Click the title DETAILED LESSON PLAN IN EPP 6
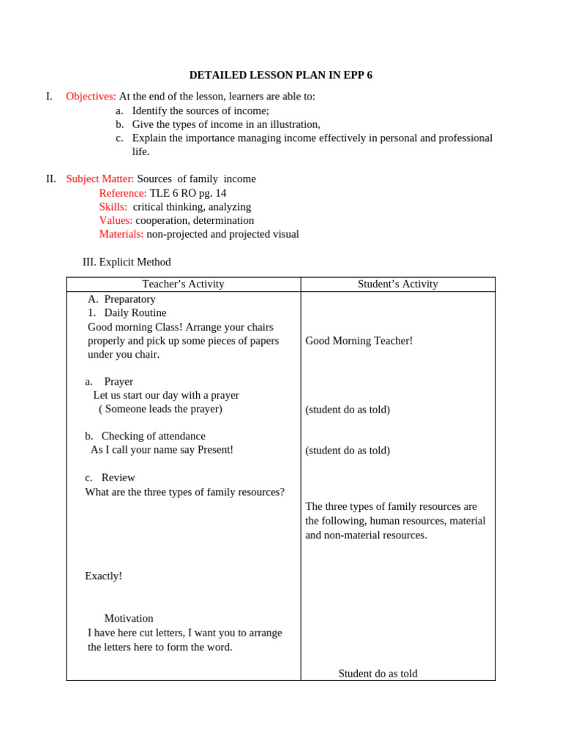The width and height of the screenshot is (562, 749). tap(280, 75)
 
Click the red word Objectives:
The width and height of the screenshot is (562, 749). tap(91, 97)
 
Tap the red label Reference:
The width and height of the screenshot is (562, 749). tap(123, 193)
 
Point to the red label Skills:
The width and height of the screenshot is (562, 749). tap(113, 207)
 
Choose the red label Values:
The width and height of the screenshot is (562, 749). tap(116, 221)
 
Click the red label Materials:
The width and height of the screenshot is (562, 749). tap(121, 235)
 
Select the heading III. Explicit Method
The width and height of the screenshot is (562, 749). tap(127, 262)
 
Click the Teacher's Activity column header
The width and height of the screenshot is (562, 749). tap(183, 285)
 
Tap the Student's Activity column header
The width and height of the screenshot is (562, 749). tap(397, 285)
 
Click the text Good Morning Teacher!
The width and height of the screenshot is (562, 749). tap(359, 341)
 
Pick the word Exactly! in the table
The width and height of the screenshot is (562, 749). tap(103, 576)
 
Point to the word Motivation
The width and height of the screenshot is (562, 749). tap(129, 619)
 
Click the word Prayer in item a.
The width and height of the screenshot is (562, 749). tap(119, 382)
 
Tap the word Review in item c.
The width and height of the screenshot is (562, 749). tap(119, 478)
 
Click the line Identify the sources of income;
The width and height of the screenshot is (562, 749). tap(201, 110)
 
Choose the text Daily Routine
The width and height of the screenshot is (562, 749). tap(135, 313)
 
